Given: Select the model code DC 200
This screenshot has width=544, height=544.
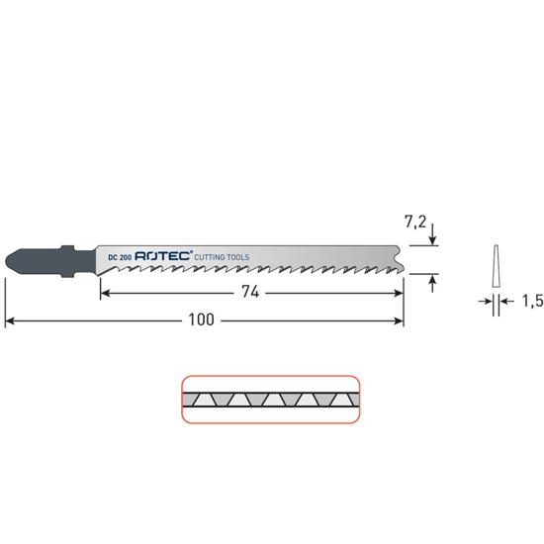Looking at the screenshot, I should click(121, 256).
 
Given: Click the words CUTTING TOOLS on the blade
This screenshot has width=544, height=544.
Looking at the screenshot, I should click(223, 256).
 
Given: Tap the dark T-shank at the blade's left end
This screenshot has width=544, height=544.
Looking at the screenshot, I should click(40, 260).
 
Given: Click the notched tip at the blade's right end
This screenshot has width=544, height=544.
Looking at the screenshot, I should click(398, 262).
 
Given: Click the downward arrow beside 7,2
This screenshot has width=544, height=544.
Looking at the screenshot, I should click(432, 237).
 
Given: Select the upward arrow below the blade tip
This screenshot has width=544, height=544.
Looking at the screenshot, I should click(432, 283).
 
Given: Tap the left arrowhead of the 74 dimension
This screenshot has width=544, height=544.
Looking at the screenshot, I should click(105, 293).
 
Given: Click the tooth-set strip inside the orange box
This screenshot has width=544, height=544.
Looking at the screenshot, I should click(269, 400).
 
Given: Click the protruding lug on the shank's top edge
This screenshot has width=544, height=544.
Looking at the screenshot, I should click(68, 246).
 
